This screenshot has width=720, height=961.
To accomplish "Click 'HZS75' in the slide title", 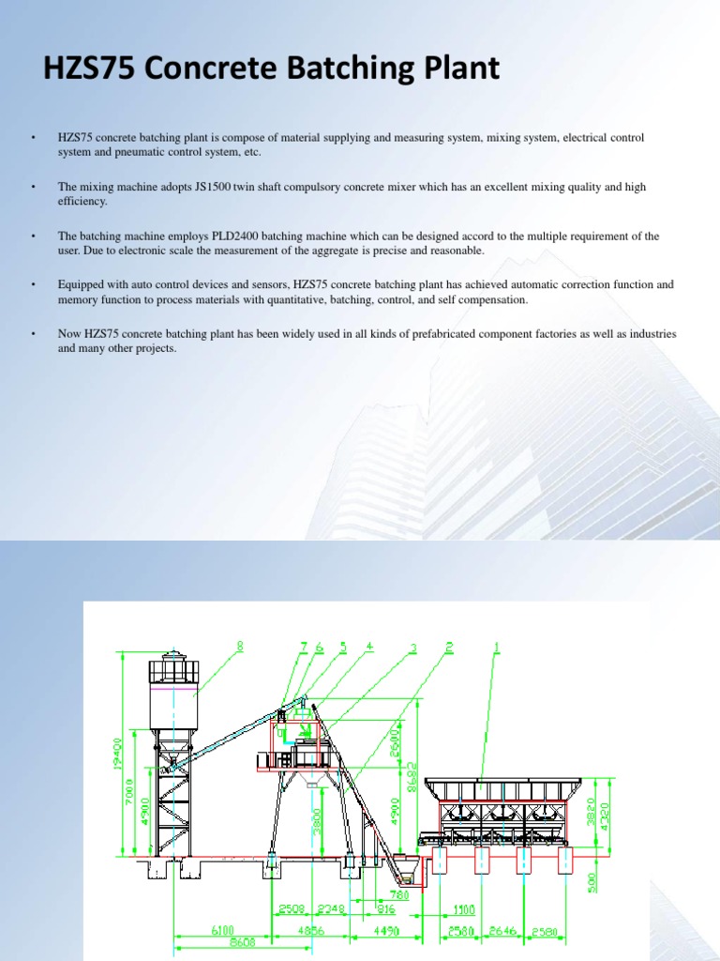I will tap(87, 69).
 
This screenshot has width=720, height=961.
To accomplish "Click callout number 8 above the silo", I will tap(240, 646).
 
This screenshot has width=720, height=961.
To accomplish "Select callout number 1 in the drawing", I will tap(496, 646).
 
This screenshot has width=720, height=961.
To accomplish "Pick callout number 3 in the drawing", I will tap(412, 646).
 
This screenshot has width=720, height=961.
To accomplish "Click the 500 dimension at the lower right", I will tap(592, 884).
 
